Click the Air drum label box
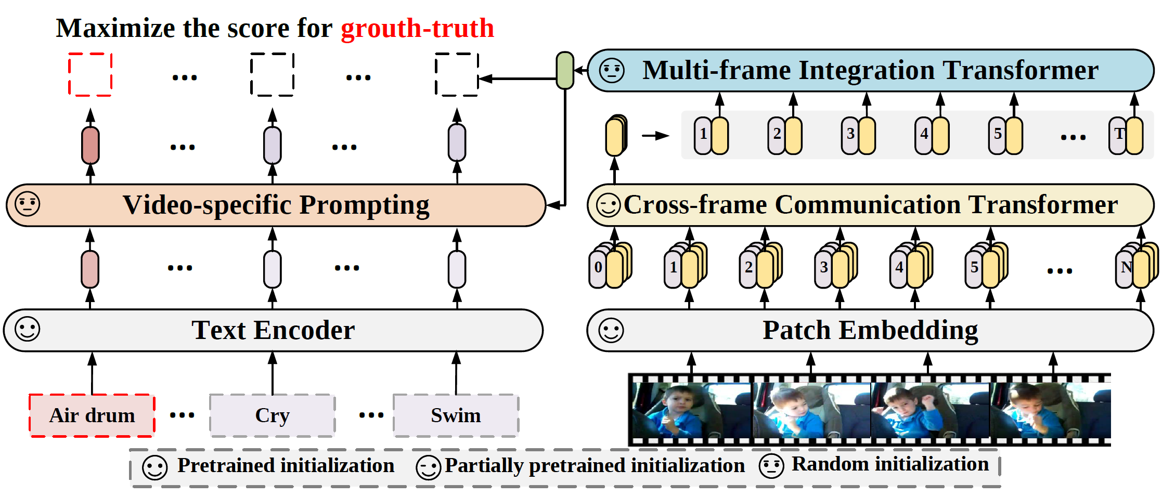coord(92,415)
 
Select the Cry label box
coord(272,415)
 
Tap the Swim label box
coord(456,415)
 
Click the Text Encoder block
coord(273,330)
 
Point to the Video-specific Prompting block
coord(276,205)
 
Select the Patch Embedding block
coord(870,330)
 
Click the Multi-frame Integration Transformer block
coord(870,70)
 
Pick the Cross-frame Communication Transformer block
coord(870,205)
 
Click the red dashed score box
coord(91,74)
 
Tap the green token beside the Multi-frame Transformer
coord(565,70)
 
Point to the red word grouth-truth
coord(417,28)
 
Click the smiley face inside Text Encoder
coord(27,329)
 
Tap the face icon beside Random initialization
coord(771,466)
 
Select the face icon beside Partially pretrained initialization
coord(429,467)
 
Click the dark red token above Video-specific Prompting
coord(91,145)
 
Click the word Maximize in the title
coord(115,28)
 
